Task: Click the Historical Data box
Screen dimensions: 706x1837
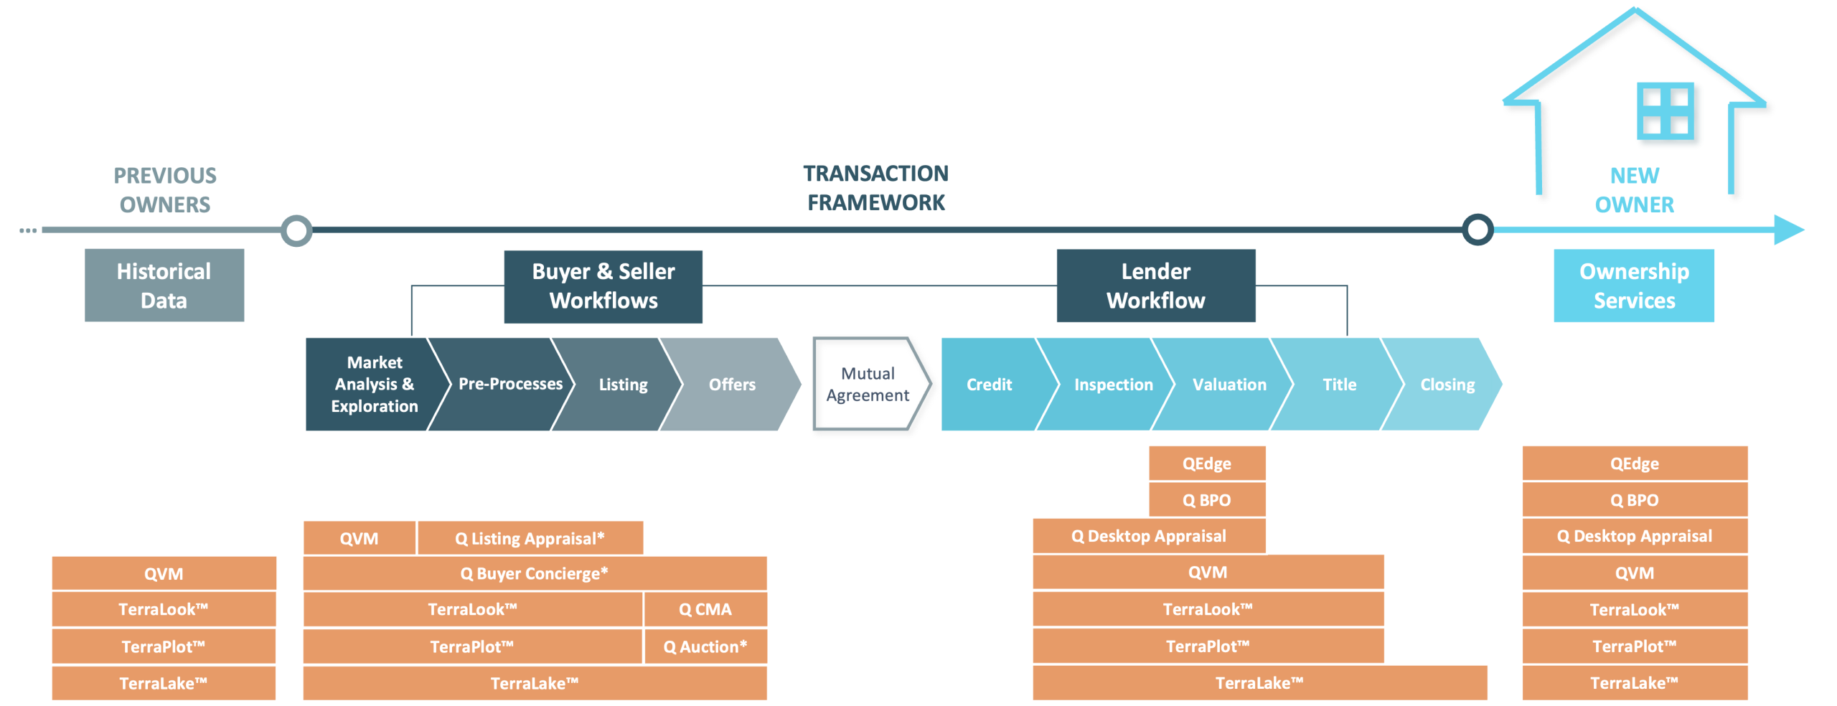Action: click(164, 285)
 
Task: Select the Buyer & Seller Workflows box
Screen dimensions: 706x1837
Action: click(603, 286)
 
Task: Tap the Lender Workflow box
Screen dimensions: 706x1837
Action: click(1155, 286)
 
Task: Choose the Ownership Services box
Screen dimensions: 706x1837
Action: click(1634, 286)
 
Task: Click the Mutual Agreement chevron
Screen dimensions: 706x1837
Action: click(868, 385)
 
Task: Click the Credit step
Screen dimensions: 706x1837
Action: click(989, 385)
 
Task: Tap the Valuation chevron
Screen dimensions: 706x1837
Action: click(1228, 385)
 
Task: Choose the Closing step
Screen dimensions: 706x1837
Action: click(1447, 385)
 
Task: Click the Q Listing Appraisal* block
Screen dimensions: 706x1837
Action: click(530, 538)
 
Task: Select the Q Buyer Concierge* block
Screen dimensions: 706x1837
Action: click(535, 573)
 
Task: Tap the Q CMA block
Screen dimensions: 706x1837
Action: click(705, 609)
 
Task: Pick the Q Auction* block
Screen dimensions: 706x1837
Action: click(705, 646)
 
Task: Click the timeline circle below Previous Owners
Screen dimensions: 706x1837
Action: click(296, 231)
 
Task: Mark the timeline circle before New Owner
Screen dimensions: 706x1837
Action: click(1477, 230)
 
